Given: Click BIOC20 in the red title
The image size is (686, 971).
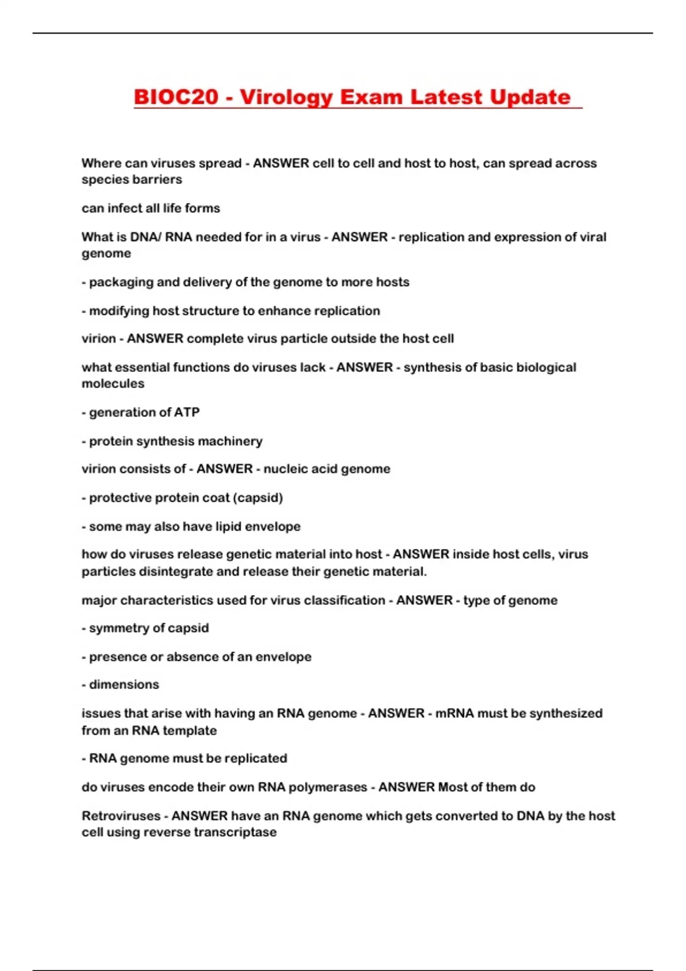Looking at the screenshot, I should [176, 97].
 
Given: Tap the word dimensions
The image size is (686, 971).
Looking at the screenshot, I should [124, 685].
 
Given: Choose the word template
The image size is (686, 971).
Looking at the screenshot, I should [190, 731].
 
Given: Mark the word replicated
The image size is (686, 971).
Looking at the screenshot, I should [256, 759].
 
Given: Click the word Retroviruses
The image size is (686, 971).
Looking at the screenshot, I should [121, 816].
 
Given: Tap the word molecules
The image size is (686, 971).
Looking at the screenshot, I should [113, 384].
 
